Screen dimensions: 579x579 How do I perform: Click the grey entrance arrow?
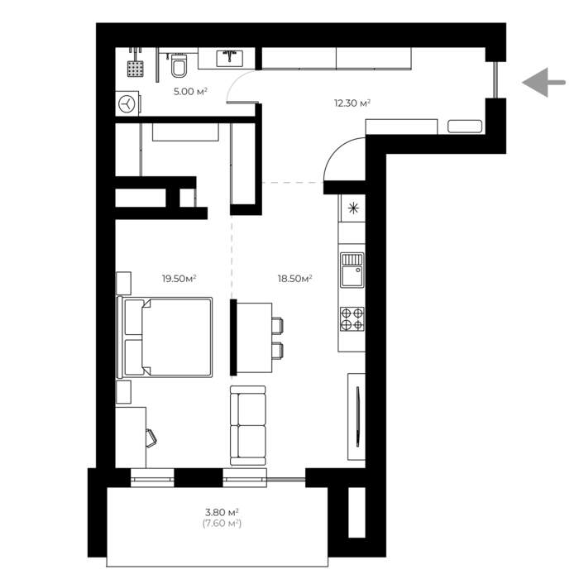coord(543,83)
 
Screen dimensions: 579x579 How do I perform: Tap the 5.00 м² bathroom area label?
coord(190,91)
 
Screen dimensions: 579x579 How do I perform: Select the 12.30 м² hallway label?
coord(352,103)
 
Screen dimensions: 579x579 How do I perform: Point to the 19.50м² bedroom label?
coord(179,279)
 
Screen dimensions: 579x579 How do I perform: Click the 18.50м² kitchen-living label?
coord(295,279)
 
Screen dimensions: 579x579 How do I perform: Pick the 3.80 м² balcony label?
coord(222,512)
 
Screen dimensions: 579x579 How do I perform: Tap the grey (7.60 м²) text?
coord(222,524)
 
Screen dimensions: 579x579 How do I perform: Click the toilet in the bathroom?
coord(179,65)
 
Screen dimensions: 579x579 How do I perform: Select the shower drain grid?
coord(136,69)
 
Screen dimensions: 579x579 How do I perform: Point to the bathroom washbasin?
coord(229,59)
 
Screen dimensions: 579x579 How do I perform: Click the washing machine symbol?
coord(127,103)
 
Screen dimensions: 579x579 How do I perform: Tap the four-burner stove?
coord(352,318)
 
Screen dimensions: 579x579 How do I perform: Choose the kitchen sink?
coord(352,270)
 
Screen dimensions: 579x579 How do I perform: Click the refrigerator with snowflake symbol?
coord(352,208)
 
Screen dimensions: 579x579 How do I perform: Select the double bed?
coord(165,337)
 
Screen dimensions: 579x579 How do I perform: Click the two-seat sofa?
coord(248,425)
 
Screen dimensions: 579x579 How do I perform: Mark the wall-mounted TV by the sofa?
coord(358,417)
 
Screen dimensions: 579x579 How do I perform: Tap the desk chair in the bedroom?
coord(151,438)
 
